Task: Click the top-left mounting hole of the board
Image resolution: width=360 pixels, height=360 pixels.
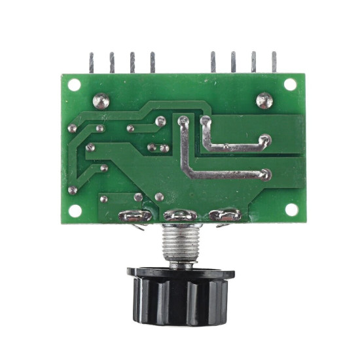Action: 74,84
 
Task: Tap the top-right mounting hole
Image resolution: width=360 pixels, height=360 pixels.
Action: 290,84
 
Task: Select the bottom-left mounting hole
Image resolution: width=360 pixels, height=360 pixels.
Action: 75,211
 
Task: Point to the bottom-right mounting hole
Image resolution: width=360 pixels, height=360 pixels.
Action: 291,209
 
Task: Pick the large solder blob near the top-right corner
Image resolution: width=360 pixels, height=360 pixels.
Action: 264,100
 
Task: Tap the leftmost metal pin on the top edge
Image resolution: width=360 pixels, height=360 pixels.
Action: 92,63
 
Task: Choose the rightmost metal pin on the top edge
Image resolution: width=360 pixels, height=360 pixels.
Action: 274,62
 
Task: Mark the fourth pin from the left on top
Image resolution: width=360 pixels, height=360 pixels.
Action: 153,62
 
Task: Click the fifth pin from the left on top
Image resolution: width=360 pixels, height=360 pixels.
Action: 213,62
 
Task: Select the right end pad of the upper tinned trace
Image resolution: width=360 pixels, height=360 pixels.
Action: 264,139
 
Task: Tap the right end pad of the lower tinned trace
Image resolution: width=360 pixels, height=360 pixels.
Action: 264,175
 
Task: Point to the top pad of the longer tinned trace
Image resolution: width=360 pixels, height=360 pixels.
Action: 183,120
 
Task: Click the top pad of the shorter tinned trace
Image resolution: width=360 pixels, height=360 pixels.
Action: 206,121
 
